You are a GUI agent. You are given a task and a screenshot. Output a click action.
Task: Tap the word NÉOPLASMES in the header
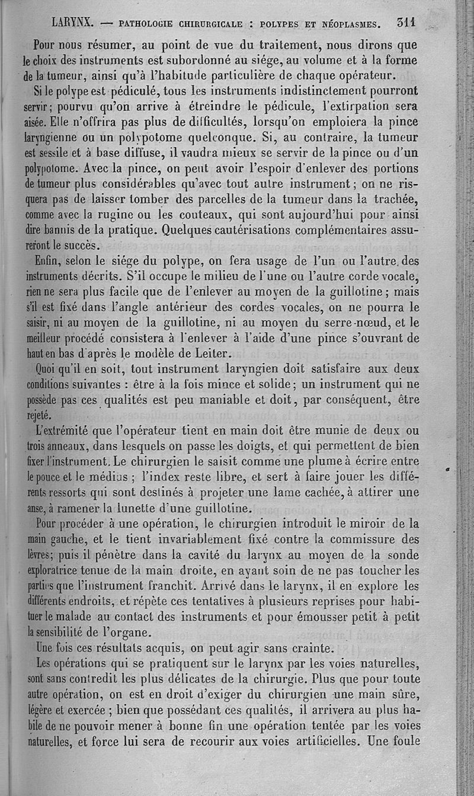point(342,24)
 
